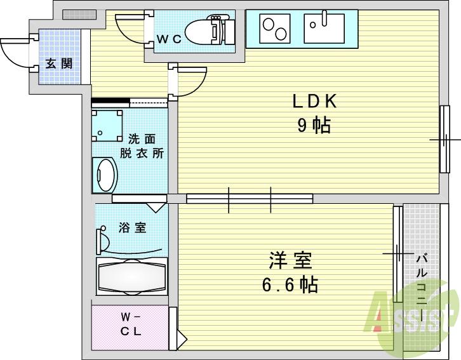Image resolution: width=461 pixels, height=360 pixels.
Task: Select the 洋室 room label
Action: coord(289,261)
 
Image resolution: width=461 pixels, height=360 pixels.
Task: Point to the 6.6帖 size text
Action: coord(290,284)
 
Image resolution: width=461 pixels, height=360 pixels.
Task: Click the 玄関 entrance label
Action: coord(58,63)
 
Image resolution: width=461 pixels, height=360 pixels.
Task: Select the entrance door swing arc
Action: coord(14,51)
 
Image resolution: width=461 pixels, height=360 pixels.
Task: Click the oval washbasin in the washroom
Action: coord(105,174)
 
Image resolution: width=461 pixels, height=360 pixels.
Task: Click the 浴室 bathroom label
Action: coord(132,228)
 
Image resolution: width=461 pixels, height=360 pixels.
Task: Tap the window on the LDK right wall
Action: coord(444,138)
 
